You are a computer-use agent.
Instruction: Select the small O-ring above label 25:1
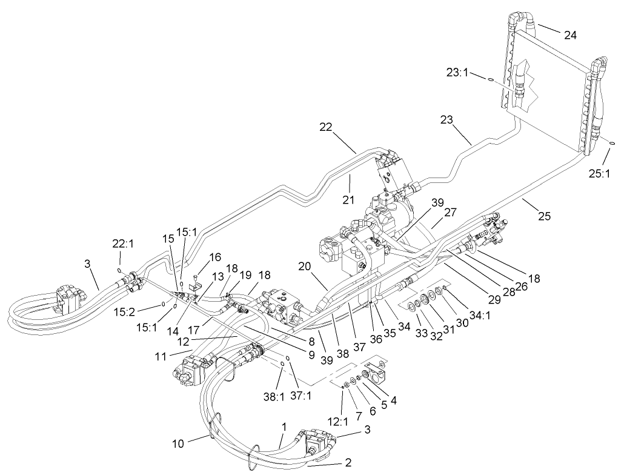click(x=612, y=144)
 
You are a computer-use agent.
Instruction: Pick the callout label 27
click(x=450, y=213)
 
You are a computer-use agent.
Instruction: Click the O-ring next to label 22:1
click(x=121, y=270)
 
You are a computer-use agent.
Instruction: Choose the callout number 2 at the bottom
click(x=348, y=463)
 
